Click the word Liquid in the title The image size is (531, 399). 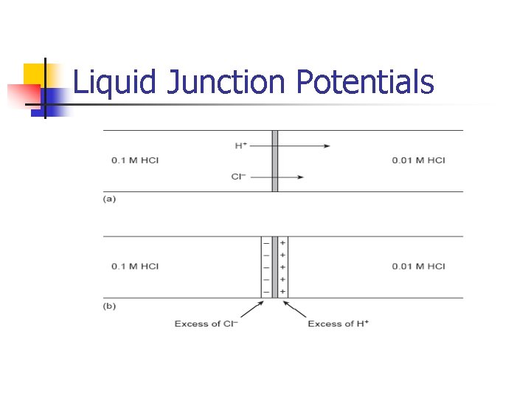click(x=115, y=82)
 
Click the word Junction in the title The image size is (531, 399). click(x=225, y=82)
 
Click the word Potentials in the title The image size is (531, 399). click(x=365, y=82)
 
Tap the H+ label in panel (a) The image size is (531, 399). click(x=241, y=146)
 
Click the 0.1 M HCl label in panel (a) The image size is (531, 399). click(x=135, y=160)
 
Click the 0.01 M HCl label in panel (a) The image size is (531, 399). click(x=418, y=160)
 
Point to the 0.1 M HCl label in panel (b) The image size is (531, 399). click(x=135, y=266)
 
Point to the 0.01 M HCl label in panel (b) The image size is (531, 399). click(x=418, y=266)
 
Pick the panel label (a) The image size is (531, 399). click(x=109, y=199)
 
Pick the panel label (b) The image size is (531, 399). click(x=109, y=305)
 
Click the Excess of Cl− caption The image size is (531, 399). click(x=206, y=324)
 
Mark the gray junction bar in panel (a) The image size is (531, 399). click(x=274, y=161)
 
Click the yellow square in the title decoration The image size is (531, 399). click(x=33, y=74)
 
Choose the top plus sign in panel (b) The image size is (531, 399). click(x=283, y=243)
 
